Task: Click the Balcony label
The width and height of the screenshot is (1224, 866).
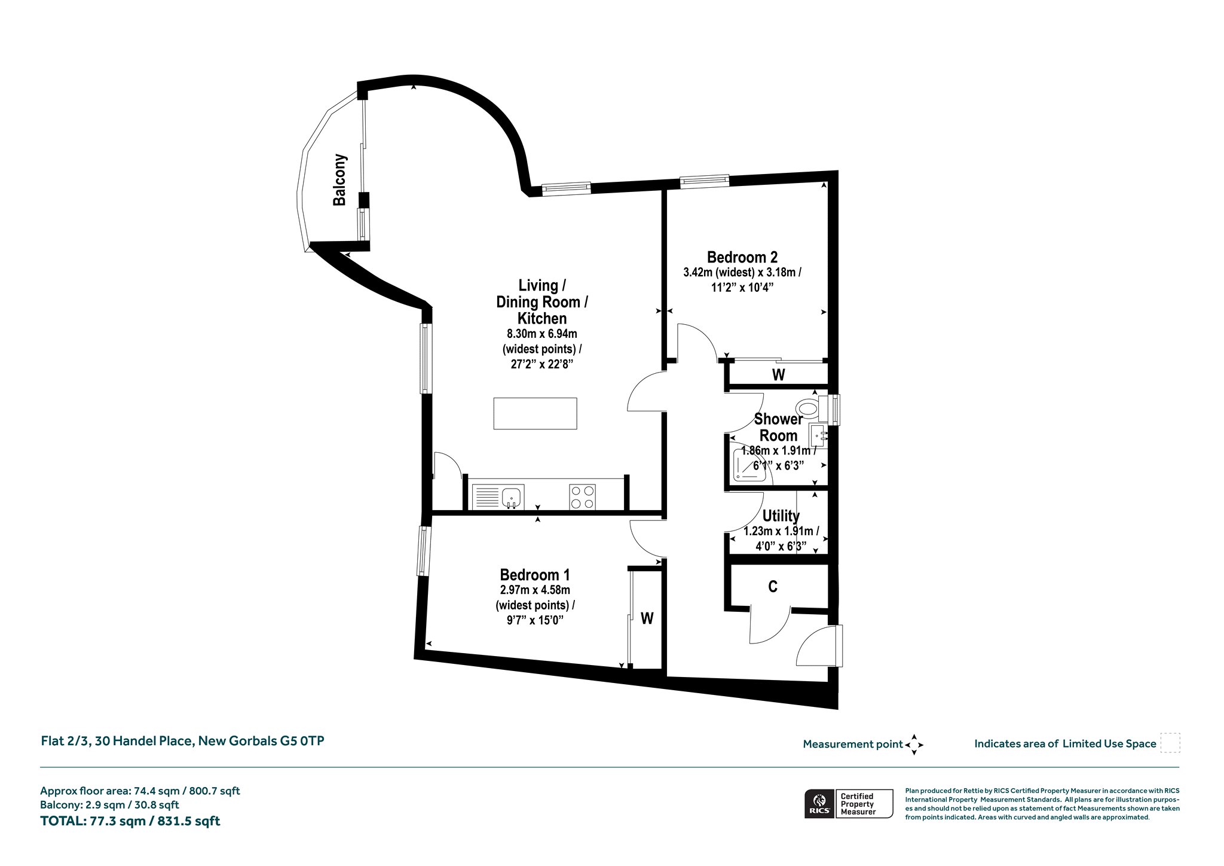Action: tap(339, 180)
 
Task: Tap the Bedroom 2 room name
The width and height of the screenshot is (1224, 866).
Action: tap(742, 257)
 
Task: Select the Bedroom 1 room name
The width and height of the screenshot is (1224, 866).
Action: tap(535, 575)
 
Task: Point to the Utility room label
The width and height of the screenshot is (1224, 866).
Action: tap(781, 516)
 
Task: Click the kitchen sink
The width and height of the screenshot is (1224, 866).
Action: tap(498, 497)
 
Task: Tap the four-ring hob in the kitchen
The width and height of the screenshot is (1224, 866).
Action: tap(583, 497)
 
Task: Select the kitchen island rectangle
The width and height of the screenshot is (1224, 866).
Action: tap(535, 413)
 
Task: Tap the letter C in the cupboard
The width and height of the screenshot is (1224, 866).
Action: tap(773, 587)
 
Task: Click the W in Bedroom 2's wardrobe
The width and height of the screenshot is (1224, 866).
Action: tap(778, 375)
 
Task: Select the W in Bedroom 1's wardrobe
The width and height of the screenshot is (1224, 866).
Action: tap(647, 618)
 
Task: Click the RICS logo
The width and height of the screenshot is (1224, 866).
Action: tap(819, 803)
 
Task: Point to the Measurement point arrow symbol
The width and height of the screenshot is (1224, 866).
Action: tap(914, 745)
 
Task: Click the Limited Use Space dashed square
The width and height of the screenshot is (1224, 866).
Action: tap(1170, 743)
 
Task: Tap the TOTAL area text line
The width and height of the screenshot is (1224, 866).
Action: tap(130, 821)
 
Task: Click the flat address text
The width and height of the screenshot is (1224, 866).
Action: tap(182, 741)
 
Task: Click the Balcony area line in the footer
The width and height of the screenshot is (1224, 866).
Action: tap(109, 805)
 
